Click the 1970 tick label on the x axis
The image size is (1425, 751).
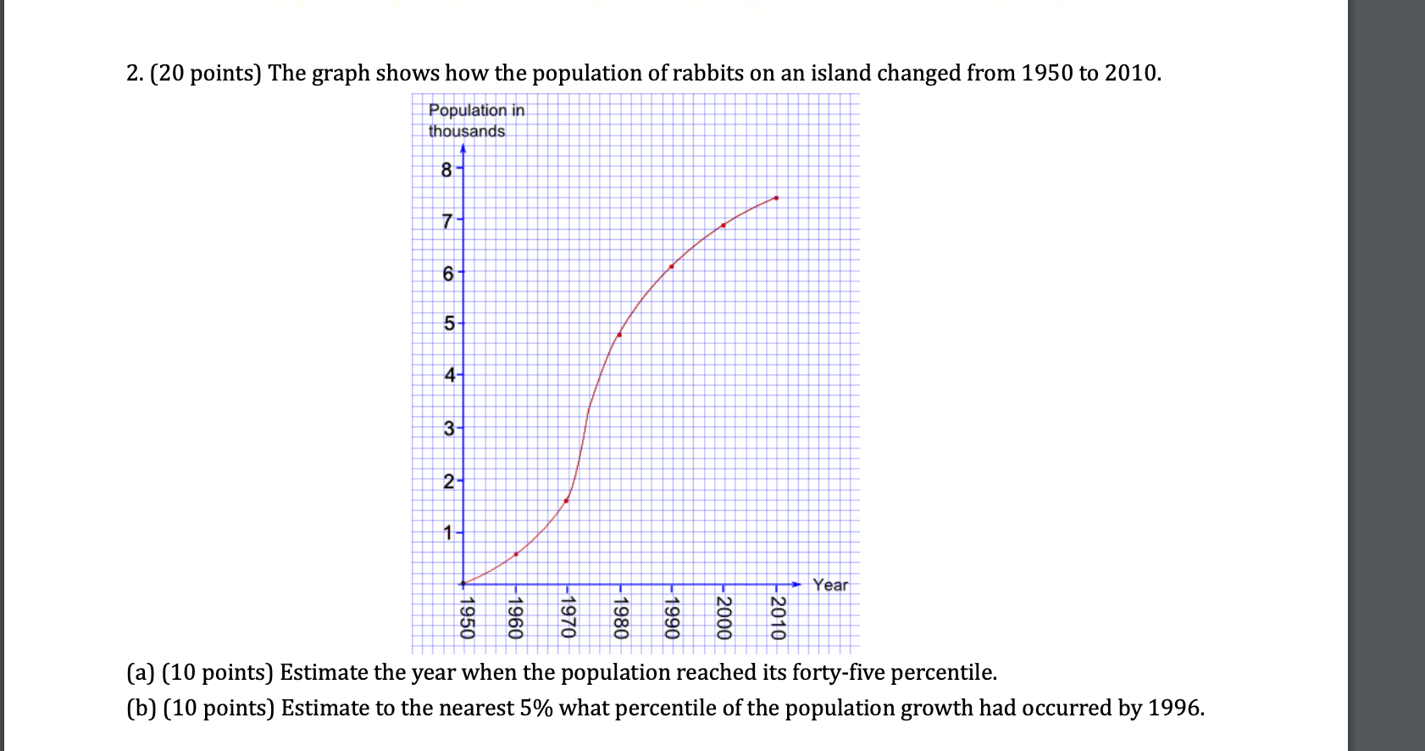tap(568, 618)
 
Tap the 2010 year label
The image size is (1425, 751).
tap(778, 618)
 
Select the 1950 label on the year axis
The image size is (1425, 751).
tap(466, 618)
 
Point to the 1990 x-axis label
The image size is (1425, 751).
tap(673, 618)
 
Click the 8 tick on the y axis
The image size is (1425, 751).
tap(446, 170)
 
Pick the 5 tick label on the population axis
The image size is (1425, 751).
tap(448, 324)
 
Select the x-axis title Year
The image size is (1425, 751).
tap(829, 585)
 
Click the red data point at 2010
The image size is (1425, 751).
tap(776, 198)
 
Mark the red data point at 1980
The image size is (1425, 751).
tap(619, 335)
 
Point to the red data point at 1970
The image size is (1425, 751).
tap(566, 500)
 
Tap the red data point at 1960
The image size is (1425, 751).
tap(516, 554)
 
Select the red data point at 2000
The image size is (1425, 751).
tap(723, 225)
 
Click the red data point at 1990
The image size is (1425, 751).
tap(671, 266)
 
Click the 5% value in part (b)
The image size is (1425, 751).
tap(536, 708)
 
